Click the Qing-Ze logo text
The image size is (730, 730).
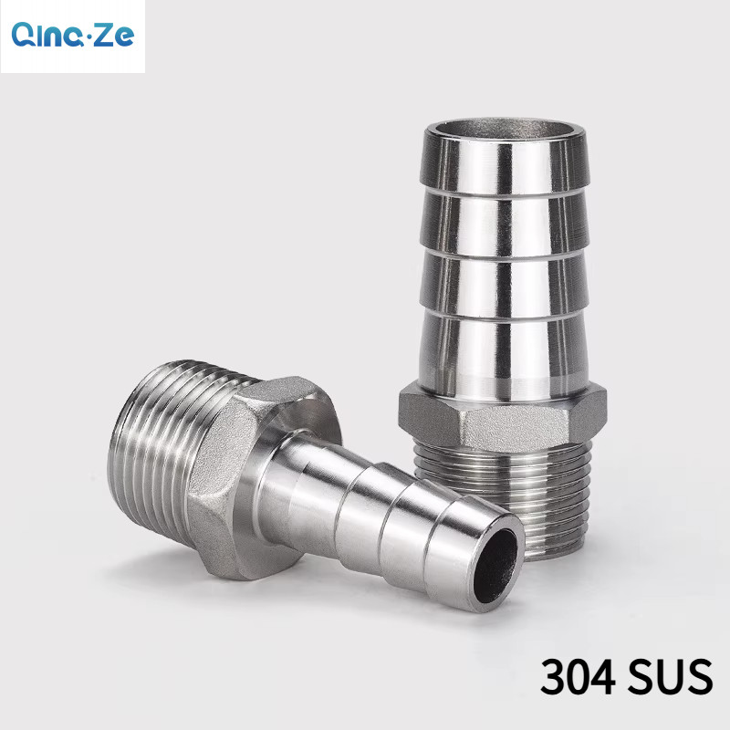(73, 35)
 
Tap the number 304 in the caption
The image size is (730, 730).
(579, 676)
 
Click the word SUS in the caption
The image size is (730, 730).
(671, 676)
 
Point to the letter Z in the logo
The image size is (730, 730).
(105, 35)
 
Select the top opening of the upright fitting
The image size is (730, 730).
(505, 129)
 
